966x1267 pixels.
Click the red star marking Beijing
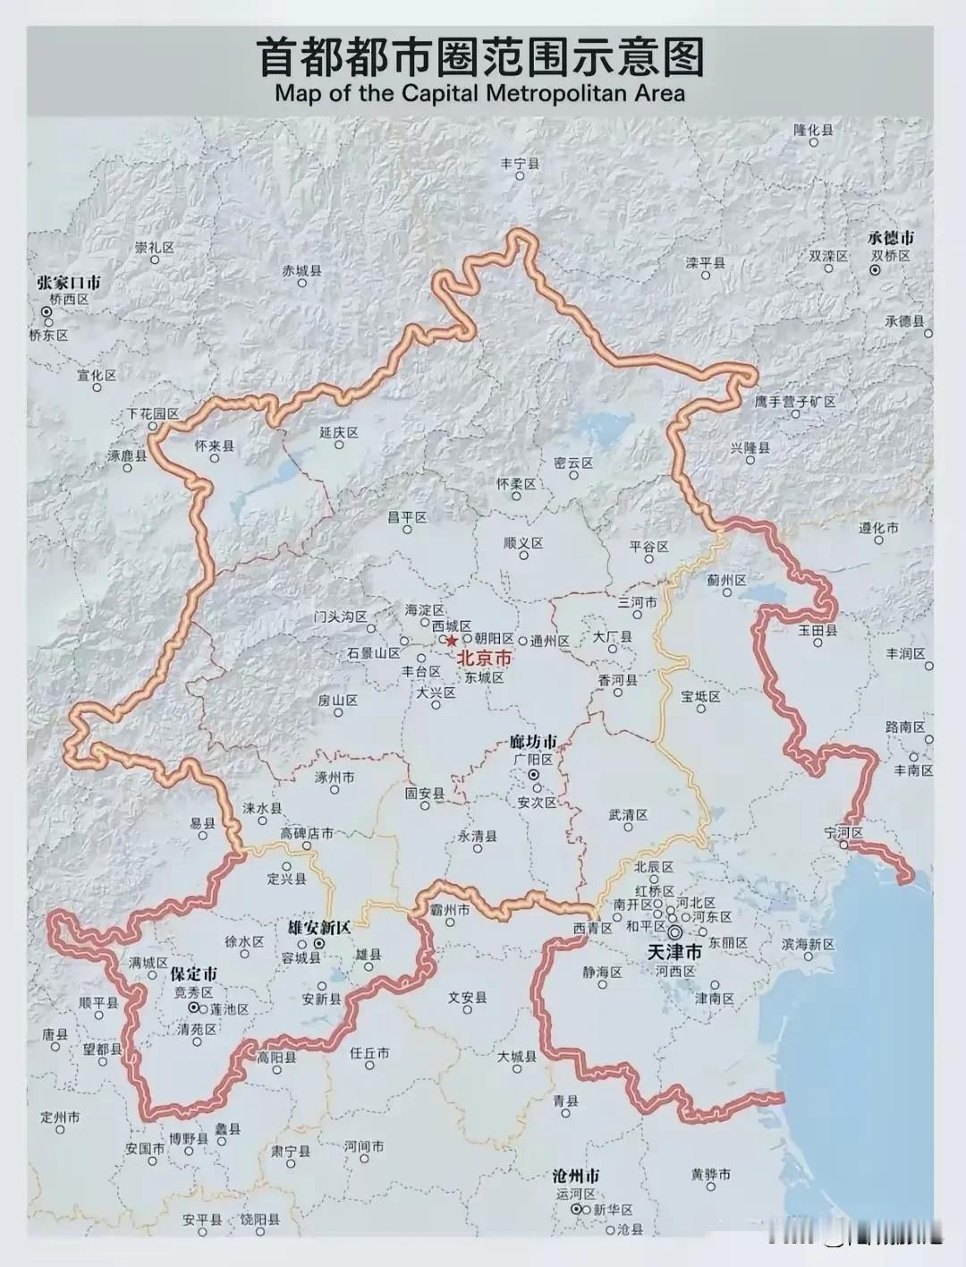click(x=452, y=641)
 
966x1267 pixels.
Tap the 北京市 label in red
click(x=485, y=659)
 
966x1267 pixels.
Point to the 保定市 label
click(x=193, y=974)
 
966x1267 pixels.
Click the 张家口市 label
click(x=69, y=282)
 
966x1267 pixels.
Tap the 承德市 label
click(x=891, y=238)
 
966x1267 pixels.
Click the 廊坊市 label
click(x=532, y=742)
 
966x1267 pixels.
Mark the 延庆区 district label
click(x=338, y=432)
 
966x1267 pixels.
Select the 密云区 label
click(x=573, y=463)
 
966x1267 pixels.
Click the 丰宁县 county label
click(x=520, y=164)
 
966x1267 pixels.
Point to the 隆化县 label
click(x=813, y=130)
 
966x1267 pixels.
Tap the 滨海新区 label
click(x=808, y=945)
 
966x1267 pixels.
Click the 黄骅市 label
click(x=711, y=1174)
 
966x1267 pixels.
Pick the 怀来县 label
click(x=214, y=446)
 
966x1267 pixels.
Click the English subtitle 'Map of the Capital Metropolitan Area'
click(x=480, y=92)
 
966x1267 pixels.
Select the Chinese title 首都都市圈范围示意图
click(x=481, y=56)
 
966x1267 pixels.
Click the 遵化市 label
click(x=878, y=528)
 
